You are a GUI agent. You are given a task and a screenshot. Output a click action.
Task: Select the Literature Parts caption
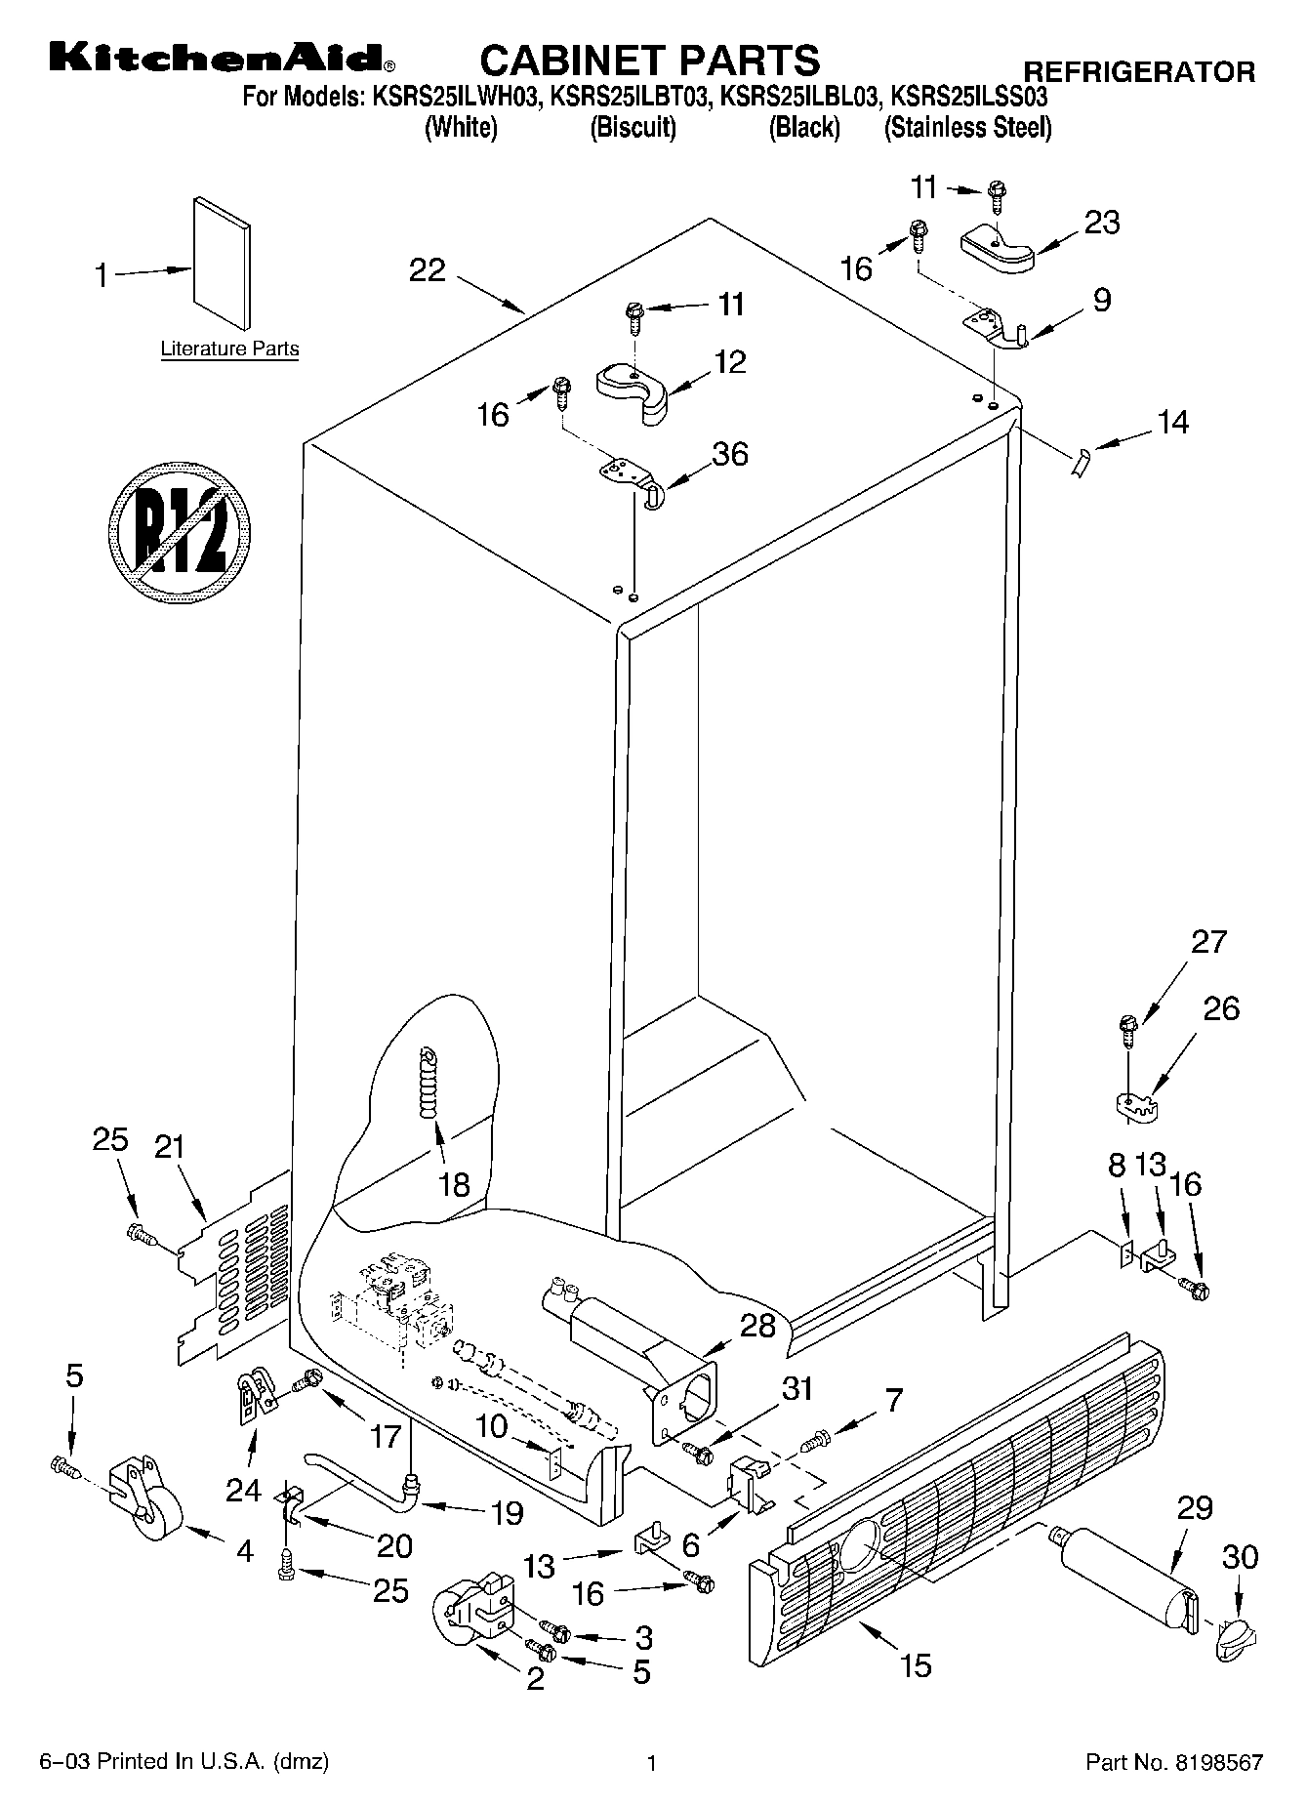coord(229,349)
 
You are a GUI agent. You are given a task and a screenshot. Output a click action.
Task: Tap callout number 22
coord(427,270)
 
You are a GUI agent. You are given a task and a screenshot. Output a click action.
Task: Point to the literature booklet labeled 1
coord(221,264)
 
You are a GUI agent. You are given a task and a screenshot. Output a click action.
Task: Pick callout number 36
coord(729,455)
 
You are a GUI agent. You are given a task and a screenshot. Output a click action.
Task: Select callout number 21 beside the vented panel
coord(169,1147)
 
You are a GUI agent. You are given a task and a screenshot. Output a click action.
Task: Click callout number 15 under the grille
coord(917,1664)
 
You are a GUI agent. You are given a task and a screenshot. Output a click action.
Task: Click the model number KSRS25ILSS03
coord(970,98)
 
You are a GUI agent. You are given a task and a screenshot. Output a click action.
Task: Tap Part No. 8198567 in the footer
coord(1174,1762)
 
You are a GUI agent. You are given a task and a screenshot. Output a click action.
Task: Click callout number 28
coord(758,1326)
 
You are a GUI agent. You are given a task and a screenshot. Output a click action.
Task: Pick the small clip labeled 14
coord(1079,460)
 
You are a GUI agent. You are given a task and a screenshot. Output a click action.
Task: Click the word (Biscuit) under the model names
coord(633,128)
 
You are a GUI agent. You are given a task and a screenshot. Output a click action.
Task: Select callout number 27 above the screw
coord(1208,943)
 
